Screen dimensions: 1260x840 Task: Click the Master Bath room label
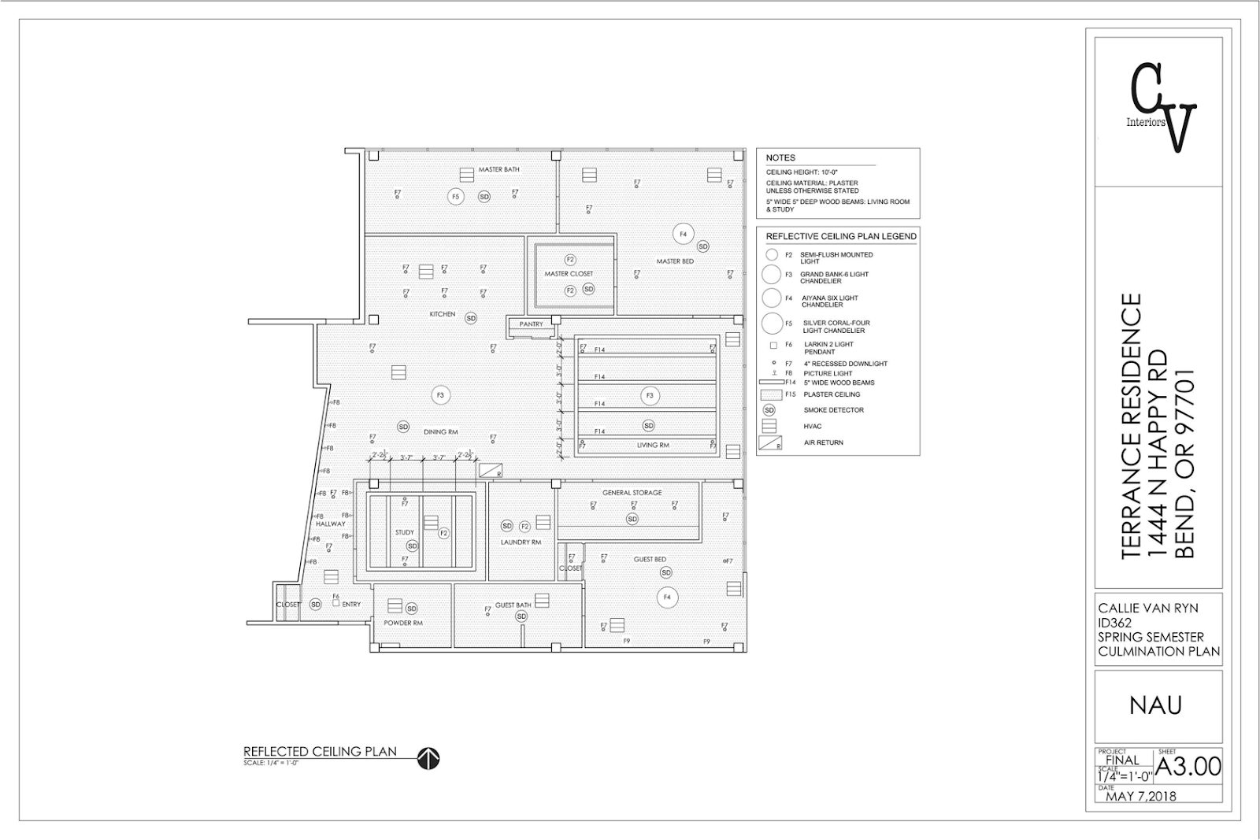(499, 170)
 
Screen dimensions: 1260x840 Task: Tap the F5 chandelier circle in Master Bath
(455, 196)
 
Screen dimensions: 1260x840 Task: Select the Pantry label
(532, 324)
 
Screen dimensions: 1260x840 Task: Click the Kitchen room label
(442, 314)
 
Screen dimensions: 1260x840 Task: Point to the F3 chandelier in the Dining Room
(440, 395)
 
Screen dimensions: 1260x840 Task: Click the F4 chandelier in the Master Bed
(683, 234)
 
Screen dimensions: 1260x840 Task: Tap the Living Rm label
(653, 446)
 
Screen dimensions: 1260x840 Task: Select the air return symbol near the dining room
(491, 470)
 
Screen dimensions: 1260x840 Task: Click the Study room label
(404, 533)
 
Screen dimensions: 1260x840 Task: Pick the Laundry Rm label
(521, 542)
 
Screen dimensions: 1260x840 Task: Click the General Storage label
(632, 493)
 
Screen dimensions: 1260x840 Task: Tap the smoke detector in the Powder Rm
(412, 609)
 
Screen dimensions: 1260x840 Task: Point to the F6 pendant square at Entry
(336, 604)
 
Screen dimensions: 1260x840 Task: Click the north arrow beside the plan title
(429, 759)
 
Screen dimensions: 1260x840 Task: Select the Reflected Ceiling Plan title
(320, 751)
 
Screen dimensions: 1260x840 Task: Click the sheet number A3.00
(1188, 766)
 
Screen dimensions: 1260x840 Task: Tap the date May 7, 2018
(1141, 797)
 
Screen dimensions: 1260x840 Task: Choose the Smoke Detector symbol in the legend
(769, 410)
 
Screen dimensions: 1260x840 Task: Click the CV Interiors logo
(1162, 107)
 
